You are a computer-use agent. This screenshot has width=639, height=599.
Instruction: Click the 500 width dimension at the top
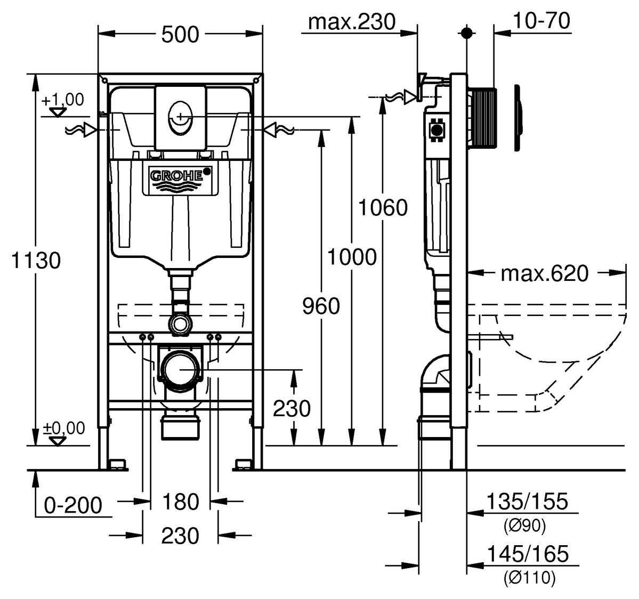(180, 35)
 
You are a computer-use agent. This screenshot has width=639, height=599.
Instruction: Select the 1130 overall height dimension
(36, 261)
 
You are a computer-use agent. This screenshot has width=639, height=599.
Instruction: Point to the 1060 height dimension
(382, 207)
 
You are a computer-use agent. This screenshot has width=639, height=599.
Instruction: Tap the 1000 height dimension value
(351, 257)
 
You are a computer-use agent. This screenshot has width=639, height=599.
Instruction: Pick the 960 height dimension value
(320, 306)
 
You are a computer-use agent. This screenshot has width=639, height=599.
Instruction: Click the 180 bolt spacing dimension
(180, 501)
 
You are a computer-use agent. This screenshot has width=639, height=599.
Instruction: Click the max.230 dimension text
(352, 22)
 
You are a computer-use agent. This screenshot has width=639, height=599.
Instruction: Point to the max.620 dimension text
(545, 273)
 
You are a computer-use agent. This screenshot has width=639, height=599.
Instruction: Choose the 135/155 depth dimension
(527, 501)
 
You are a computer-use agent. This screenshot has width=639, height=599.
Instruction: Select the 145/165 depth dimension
(527, 554)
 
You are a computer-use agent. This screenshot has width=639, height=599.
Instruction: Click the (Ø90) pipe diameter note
(524, 527)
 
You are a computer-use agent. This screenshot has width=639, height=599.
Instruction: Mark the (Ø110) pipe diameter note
(529, 578)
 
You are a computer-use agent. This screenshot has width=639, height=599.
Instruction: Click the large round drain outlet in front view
(181, 369)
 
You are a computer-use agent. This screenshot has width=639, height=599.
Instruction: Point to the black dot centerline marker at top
(467, 33)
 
